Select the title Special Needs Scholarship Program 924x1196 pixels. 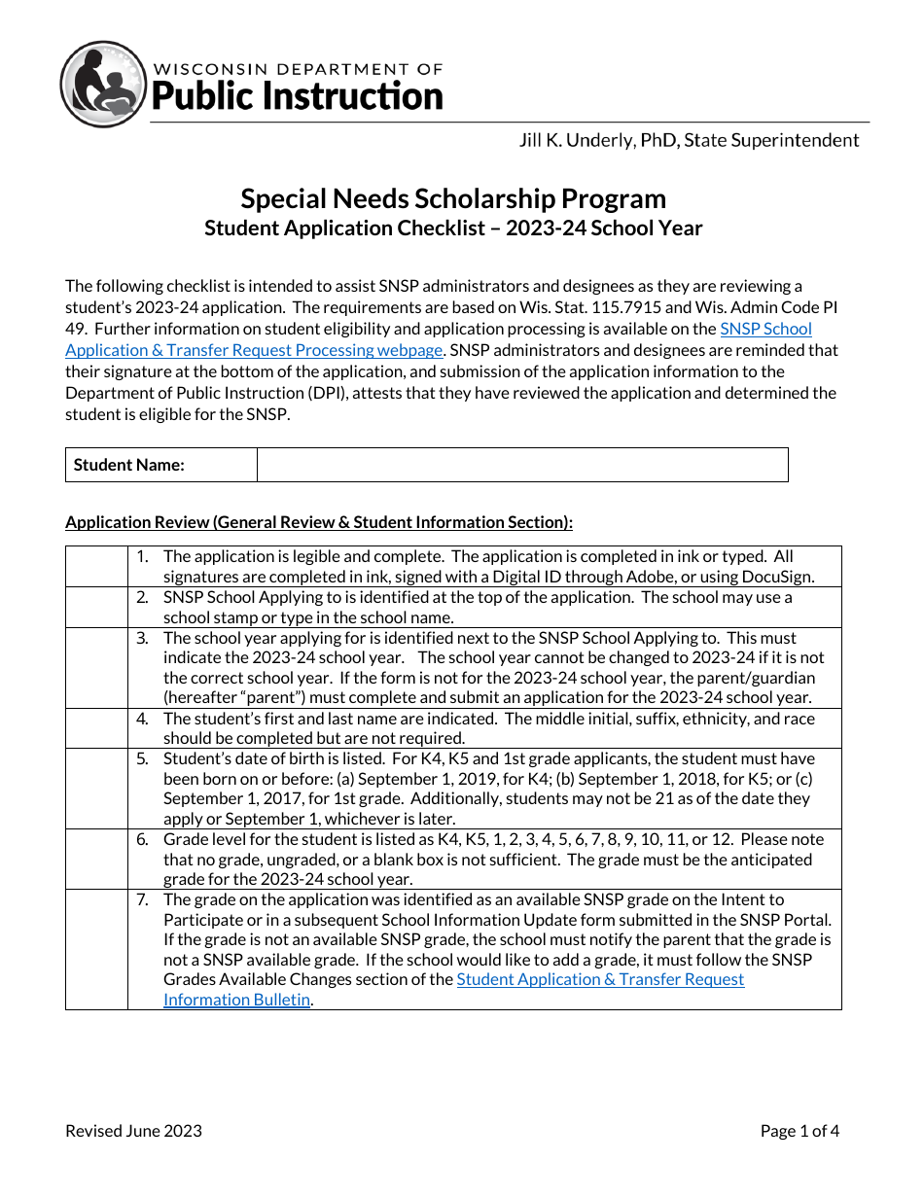tap(453, 198)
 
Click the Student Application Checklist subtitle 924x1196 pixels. tap(453, 229)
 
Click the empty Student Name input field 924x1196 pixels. tap(522, 465)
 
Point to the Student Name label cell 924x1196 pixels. tap(161, 465)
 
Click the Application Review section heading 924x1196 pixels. tap(319, 522)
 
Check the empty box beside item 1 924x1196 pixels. tap(96, 566)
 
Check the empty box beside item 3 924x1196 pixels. tap(96, 668)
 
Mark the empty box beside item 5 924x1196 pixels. tap(96, 789)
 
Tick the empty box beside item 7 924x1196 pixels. tap(96, 949)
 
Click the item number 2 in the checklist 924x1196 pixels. tap(142, 597)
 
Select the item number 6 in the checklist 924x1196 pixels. tap(142, 839)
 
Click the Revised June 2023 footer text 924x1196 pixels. tap(134, 1131)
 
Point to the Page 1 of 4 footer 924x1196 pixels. tap(800, 1131)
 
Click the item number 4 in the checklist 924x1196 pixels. tap(142, 719)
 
